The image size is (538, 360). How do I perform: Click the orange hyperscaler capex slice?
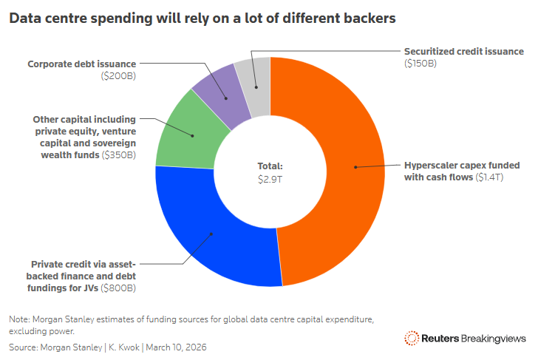[x=347, y=170]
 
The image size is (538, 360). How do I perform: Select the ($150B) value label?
[x=420, y=64]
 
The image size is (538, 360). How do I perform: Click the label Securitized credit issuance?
[x=463, y=51]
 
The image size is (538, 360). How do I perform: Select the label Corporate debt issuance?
[x=82, y=64]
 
